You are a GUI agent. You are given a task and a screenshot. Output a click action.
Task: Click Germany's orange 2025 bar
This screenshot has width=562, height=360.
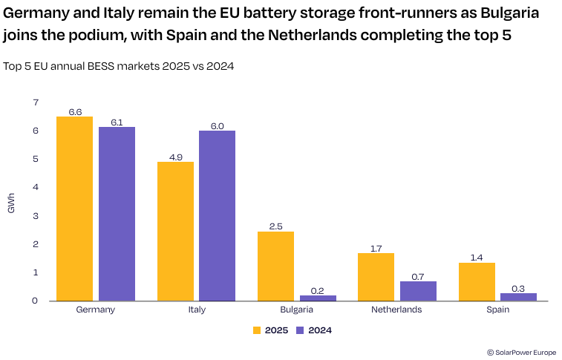tap(74, 209)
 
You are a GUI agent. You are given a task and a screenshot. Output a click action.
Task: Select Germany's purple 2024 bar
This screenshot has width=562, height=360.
tap(117, 214)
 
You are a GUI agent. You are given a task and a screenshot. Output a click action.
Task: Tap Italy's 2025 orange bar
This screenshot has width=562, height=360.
tap(175, 231)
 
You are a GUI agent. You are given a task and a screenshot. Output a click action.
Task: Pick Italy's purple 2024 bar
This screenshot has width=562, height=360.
tap(217, 215)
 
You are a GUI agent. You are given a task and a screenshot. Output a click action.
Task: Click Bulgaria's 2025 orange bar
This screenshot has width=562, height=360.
tap(275, 266)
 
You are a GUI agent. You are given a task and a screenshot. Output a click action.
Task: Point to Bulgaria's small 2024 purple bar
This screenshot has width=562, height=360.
tap(318, 298)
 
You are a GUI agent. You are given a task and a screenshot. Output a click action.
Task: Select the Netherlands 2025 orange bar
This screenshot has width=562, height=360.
tap(376, 277)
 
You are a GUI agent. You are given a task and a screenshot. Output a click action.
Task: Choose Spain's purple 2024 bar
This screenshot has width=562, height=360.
tap(518, 297)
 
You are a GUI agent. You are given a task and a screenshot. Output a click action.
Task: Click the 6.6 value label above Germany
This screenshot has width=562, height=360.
tap(75, 111)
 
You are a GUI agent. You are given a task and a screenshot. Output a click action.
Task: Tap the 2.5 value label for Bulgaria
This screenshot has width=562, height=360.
tap(275, 226)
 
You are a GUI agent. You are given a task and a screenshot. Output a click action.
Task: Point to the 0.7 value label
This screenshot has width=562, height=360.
tap(417, 276)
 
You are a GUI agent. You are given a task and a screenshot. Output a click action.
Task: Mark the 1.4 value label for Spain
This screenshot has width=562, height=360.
tap(476, 258)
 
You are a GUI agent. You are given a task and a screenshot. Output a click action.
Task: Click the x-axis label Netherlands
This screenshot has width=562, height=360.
tap(396, 310)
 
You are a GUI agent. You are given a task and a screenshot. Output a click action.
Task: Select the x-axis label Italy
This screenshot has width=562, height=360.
tap(196, 310)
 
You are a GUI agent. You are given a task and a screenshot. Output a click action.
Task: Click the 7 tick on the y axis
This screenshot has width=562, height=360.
tap(34, 102)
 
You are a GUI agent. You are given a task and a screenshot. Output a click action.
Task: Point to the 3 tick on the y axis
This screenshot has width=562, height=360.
tap(34, 216)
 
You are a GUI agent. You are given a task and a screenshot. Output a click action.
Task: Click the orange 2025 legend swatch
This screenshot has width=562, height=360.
tap(258, 330)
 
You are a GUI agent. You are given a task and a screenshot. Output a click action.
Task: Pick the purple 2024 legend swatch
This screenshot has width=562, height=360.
tap(301, 330)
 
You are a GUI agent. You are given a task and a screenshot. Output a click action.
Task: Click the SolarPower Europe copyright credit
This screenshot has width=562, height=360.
tap(521, 353)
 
